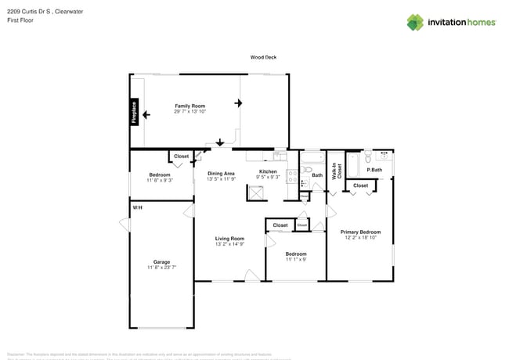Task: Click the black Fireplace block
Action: point(134,113)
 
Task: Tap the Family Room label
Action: point(190,106)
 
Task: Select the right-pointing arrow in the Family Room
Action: point(240,102)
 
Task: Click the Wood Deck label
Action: point(263,57)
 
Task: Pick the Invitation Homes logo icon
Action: point(415,22)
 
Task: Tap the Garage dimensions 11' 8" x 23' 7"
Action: point(161,268)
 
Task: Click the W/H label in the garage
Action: point(137,207)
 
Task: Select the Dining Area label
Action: point(221,173)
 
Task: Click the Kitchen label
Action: point(268,171)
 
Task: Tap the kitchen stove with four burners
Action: point(291,177)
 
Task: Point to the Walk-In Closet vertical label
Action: point(335,171)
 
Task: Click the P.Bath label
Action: point(374,170)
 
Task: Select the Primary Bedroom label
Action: point(360,232)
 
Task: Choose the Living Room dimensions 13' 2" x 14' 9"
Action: point(230,244)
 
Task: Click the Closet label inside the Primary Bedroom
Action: point(360,185)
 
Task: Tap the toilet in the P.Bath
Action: point(385,157)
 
